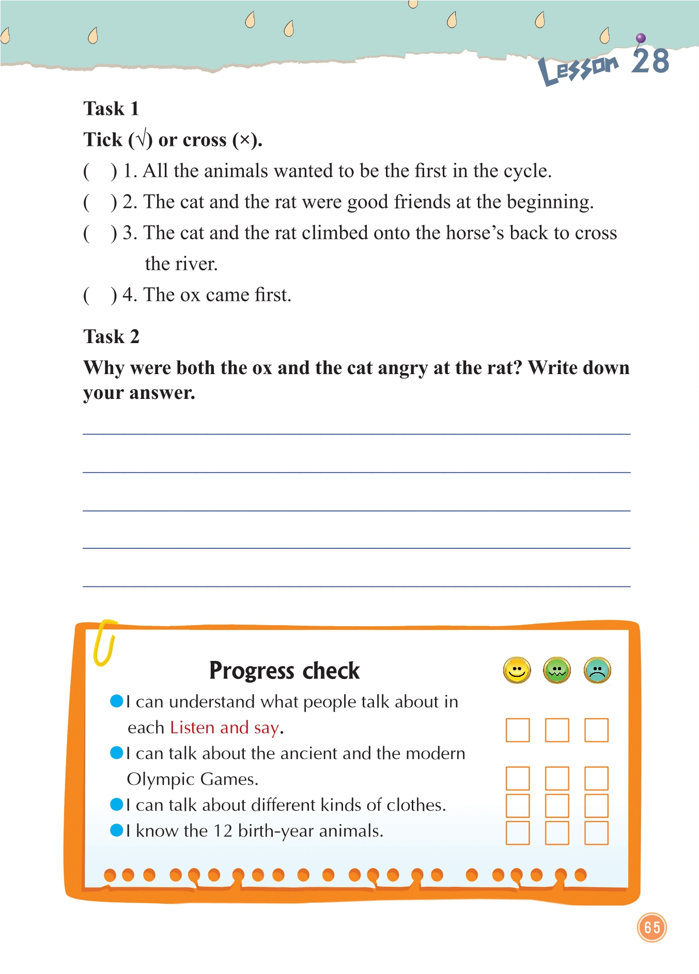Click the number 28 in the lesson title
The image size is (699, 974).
coord(650,61)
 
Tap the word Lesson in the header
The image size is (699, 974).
coord(578,69)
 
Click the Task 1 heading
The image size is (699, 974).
coord(111,109)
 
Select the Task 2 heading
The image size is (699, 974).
coord(111,336)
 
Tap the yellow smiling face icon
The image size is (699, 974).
coord(517,671)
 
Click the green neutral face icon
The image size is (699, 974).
coord(557,671)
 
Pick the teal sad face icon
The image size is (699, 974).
coord(597,671)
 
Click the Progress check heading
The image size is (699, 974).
coord(284,671)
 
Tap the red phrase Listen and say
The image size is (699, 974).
coord(225,728)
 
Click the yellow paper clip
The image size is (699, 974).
coord(104,642)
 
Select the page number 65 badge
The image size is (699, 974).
coord(652,927)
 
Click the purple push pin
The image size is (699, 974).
coord(641,38)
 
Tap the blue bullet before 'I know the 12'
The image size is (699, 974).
coord(117,830)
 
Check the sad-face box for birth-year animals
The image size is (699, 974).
coord(596,833)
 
